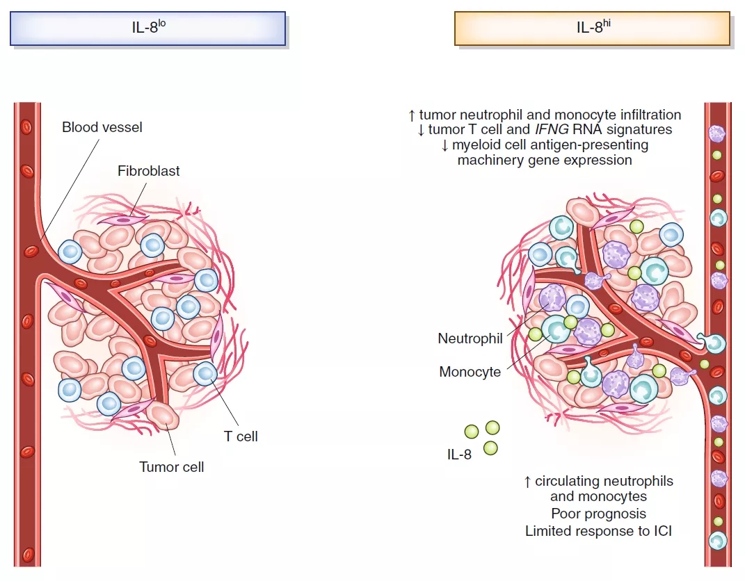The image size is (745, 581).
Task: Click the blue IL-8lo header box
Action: (147, 28)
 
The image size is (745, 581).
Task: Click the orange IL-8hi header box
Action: (592, 28)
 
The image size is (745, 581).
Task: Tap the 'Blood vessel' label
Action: (102, 127)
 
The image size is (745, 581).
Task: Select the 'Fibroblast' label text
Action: (148, 170)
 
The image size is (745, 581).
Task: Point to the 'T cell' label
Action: (241, 436)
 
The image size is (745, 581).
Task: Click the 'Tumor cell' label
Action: (172, 466)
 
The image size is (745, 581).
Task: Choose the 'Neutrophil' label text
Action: (470, 338)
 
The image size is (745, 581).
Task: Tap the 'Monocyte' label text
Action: (470, 372)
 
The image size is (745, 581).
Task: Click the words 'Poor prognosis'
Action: (598, 514)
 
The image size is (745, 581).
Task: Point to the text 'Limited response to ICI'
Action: (598, 531)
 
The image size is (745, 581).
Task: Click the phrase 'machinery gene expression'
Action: (545, 160)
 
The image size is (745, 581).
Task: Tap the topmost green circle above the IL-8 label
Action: (492, 427)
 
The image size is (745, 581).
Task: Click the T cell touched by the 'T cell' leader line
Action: (206, 374)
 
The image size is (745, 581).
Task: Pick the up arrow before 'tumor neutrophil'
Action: (412, 114)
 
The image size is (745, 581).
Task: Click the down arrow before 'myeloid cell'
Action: (445, 145)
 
